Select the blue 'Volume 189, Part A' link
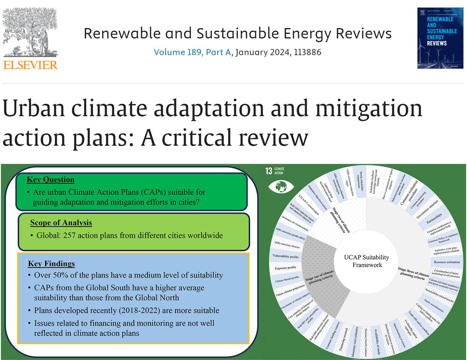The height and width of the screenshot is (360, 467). tap(192, 52)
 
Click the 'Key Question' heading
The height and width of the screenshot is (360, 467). tap(51, 180)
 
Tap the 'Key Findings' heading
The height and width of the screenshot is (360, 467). tap(51, 264)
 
